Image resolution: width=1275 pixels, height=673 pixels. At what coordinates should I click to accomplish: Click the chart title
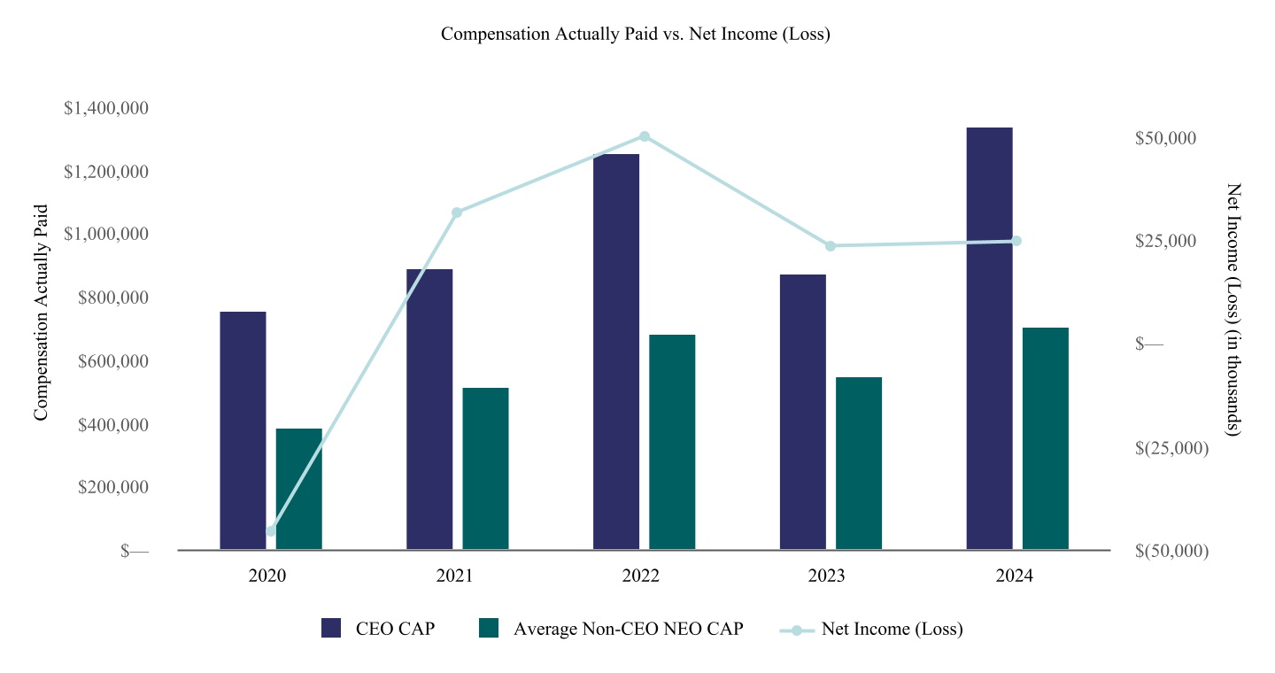click(635, 34)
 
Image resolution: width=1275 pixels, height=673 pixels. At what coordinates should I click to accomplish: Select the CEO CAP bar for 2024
click(989, 338)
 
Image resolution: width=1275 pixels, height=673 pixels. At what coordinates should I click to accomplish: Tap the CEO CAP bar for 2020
click(243, 430)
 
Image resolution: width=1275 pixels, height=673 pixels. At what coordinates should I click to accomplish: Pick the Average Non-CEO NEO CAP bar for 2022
click(672, 442)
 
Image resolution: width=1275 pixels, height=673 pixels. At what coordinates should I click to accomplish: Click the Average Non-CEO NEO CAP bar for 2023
click(859, 463)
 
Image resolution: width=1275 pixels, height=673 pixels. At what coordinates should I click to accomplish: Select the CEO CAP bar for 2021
click(429, 409)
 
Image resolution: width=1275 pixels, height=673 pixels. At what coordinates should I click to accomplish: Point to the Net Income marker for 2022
click(645, 136)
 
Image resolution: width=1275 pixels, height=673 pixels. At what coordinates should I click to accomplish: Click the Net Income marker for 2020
click(271, 531)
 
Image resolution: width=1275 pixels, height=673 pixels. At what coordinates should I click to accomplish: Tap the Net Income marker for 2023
click(831, 246)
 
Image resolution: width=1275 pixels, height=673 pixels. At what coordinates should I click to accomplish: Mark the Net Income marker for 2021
click(457, 213)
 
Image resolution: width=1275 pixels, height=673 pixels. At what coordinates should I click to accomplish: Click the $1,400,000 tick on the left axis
click(106, 108)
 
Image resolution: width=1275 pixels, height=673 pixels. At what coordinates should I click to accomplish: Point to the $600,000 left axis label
click(112, 361)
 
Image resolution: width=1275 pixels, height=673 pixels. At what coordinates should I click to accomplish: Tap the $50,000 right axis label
click(1165, 138)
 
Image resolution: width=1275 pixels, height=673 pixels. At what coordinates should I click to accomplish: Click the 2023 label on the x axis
click(826, 576)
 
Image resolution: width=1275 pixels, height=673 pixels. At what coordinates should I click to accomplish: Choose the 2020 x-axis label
click(267, 576)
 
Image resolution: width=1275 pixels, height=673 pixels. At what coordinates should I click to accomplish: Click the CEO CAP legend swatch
click(331, 628)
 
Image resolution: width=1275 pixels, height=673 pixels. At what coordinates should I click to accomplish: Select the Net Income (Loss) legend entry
click(871, 629)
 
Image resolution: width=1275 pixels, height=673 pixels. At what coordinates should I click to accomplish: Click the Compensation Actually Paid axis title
click(41, 313)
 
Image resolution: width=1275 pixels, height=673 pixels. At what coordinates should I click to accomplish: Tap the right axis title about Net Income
click(1232, 310)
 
